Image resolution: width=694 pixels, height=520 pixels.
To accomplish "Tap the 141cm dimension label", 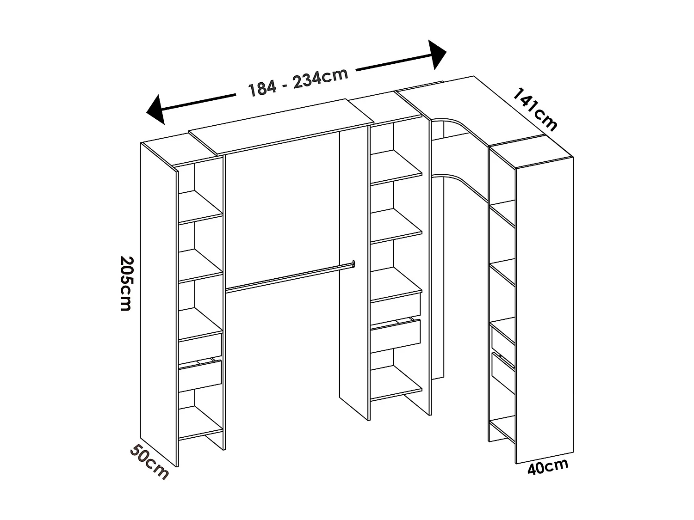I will tap(535, 109).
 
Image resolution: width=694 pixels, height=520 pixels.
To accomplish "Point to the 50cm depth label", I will tap(149, 462).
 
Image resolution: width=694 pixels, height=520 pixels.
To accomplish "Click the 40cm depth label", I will tap(548, 468).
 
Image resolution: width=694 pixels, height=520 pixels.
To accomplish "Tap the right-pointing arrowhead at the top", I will tap(436, 55).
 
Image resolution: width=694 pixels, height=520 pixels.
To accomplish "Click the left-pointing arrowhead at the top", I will tap(156, 110).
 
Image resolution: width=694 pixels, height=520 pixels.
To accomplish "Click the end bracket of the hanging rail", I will tap(353, 263).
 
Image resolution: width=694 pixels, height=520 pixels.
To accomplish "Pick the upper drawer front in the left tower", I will tap(200, 344).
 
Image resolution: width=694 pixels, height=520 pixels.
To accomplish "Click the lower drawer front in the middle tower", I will tap(396, 335).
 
